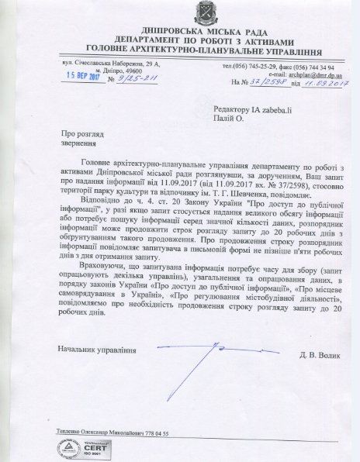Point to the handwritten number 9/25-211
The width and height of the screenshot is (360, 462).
pos(125,78)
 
